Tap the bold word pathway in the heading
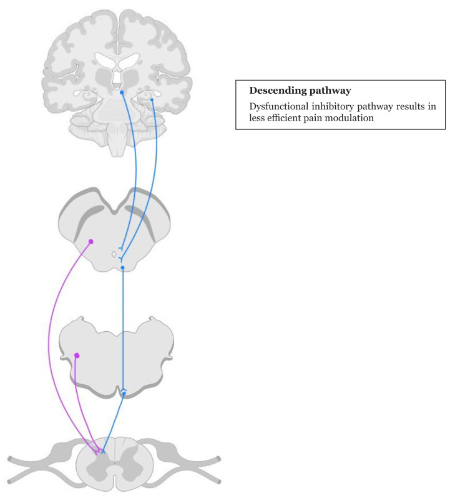coord(329,91)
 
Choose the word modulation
coord(353,118)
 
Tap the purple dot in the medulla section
coord(77,356)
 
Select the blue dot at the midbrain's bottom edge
coord(123,267)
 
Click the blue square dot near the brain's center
coord(122,92)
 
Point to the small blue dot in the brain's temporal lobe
coord(152,99)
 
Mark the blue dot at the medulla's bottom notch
coord(124,393)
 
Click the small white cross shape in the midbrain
coord(114,254)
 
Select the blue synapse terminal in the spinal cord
coord(103,451)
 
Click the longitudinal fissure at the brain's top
coord(117,25)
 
